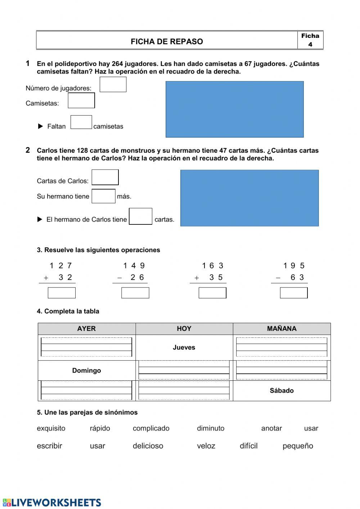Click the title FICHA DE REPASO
[x=167, y=41]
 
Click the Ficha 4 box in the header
[x=310, y=40]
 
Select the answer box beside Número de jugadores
[x=113, y=85]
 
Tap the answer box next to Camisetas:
[x=81, y=101]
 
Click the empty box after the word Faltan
[x=81, y=122]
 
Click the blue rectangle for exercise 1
[x=234, y=109]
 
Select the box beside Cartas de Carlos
[x=105, y=177]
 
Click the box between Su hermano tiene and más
[x=103, y=196]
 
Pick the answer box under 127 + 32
[x=62, y=293]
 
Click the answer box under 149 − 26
[x=135, y=293]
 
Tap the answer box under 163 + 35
[x=212, y=293]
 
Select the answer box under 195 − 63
[x=294, y=293]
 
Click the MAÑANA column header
[x=282, y=329]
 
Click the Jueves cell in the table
[x=184, y=348]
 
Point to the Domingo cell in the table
[x=86, y=370]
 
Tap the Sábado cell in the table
[x=282, y=390]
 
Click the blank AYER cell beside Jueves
[x=86, y=347]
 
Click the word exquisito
[x=51, y=428]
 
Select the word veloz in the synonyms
[x=206, y=446]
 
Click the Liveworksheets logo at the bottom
[x=52, y=503]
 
